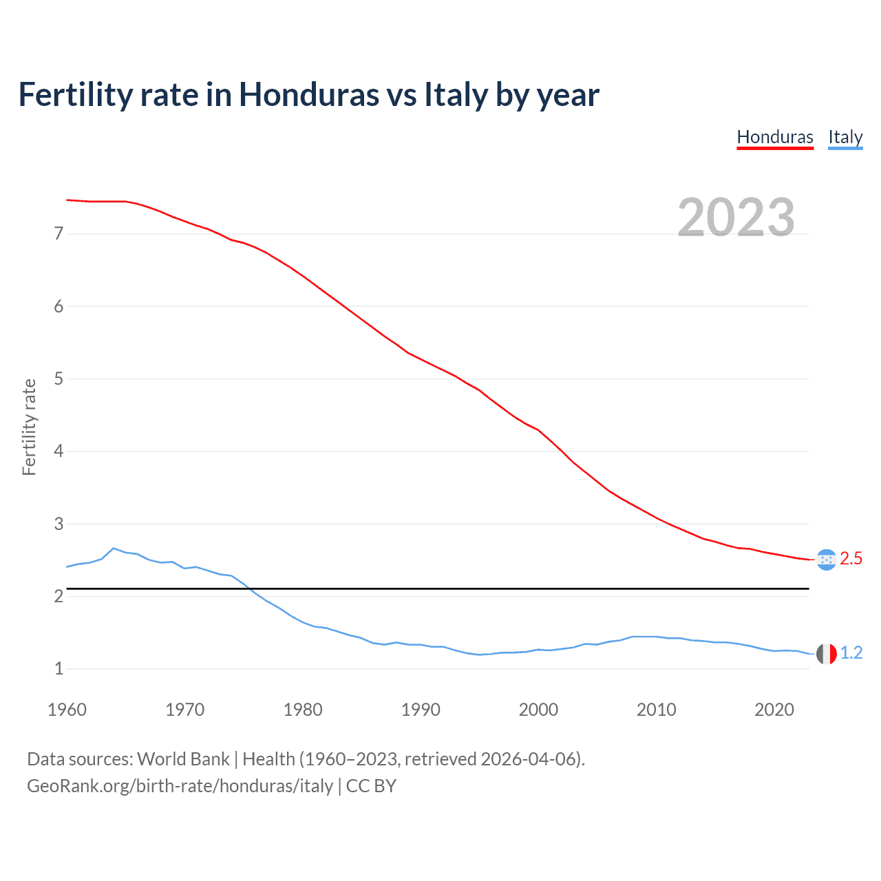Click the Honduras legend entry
[775, 137]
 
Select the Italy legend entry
[845, 137]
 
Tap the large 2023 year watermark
[736, 217]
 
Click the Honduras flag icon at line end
[826, 559]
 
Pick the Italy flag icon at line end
[826, 653]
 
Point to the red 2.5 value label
[851, 559]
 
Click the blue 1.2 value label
[851, 653]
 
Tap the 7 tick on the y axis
[59, 234]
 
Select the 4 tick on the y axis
[59, 452]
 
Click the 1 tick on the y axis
[59, 669]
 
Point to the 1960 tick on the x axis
[67, 710]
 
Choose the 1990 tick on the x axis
[421, 710]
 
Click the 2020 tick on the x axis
[774, 710]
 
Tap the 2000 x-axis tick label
[538, 710]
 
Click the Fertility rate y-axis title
[29, 427]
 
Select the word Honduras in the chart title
[308, 95]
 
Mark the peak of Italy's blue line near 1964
[114, 549]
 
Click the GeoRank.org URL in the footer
[180, 786]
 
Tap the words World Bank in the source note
[183, 759]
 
